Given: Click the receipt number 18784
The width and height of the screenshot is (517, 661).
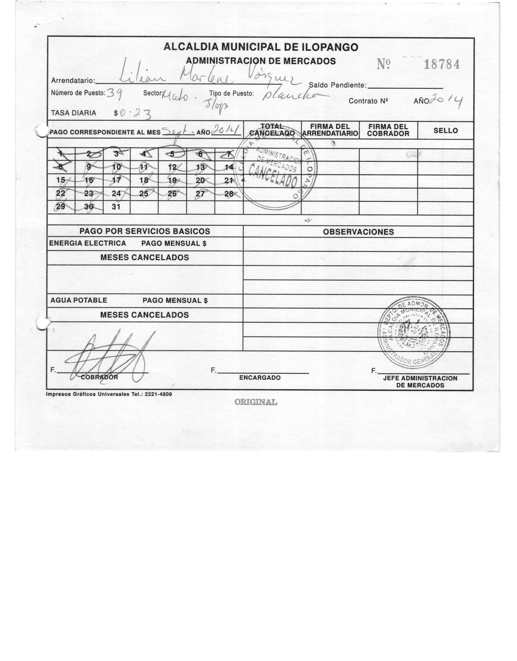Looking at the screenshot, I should (442, 64).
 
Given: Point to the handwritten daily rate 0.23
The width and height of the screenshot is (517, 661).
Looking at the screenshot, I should (135, 114).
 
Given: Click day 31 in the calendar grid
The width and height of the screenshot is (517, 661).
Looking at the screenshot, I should (116, 207).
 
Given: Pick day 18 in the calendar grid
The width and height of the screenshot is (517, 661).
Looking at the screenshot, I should (144, 180).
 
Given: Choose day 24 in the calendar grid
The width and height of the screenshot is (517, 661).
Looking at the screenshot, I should (116, 193).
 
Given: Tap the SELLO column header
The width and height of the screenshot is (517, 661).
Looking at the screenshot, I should (446, 131).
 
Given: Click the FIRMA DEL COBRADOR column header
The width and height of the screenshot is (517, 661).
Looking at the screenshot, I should (388, 130).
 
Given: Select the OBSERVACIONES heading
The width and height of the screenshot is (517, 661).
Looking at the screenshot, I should (358, 232).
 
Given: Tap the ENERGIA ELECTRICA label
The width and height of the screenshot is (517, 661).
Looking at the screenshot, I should (88, 243).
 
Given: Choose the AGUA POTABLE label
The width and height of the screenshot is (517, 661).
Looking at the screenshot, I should (79, 300).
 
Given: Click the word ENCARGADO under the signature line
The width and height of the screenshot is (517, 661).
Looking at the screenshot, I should (260, 378).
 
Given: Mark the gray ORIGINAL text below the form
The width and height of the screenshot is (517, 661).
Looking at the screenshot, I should (256, 402).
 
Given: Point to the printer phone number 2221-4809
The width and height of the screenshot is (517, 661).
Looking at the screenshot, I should (158, 394).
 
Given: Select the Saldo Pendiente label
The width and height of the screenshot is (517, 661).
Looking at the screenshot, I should (337, 85).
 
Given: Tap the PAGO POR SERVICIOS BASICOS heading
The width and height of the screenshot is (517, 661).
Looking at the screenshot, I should (145, 231).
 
